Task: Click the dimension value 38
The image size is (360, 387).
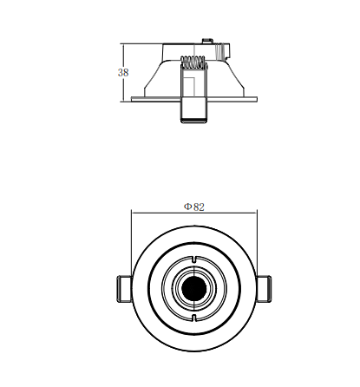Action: click(123, 73)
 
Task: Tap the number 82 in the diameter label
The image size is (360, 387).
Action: click(199, 207)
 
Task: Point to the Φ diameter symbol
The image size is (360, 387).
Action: click(187, 207)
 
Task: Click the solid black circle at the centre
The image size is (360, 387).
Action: click(194, 288)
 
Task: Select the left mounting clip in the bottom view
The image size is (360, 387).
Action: click(124, 289)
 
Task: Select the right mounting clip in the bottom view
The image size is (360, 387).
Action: click(264, 289)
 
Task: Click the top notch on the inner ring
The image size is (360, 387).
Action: click(194, 259)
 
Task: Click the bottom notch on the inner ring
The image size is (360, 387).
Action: click(194, 318)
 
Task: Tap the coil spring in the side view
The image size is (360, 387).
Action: click(193, 62)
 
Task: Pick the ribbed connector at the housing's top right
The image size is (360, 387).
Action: click(223, 51)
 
